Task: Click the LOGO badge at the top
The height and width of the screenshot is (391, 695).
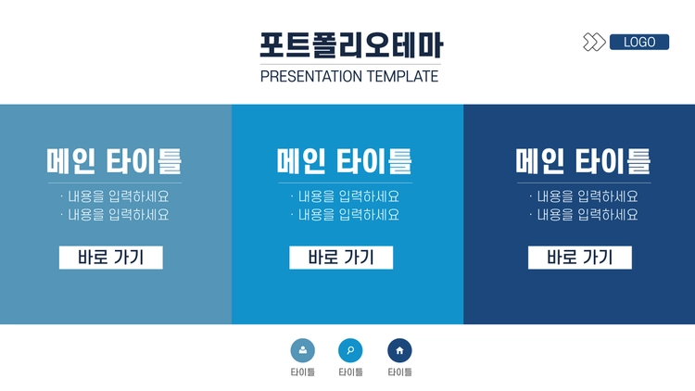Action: (x=639, y=42)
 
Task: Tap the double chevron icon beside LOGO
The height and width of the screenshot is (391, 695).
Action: (x=594, y=42)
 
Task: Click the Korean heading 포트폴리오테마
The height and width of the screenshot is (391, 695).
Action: (x=351, y=45)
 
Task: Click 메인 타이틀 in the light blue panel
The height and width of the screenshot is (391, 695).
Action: (x=114, y=161)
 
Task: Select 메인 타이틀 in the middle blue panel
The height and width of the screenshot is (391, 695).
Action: (x=345, y=161)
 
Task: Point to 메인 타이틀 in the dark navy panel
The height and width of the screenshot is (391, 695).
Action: (x=583, y=161)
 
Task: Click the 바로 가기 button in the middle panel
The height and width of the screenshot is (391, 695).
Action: (x=341, y=258)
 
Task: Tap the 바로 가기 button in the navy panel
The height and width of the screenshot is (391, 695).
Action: (x=580, y=258)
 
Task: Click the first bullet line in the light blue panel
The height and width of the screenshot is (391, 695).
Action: (x=115, y=196)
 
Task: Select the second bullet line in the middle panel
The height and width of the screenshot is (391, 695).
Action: (x=346, y=215)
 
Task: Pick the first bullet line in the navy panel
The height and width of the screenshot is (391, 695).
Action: (x=584, y=196)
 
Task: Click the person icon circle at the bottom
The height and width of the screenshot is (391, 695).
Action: (x=303, y=350)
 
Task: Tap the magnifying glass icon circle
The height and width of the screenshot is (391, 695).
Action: (x=350, y=350)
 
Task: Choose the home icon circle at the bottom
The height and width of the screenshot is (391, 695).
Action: (x=399, y=350)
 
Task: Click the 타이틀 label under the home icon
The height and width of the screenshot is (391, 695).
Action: (x=399, y=372)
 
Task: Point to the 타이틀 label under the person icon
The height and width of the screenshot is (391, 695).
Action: (x=303, y=372)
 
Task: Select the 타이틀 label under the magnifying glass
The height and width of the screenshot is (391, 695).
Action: (x=350, y=372)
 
